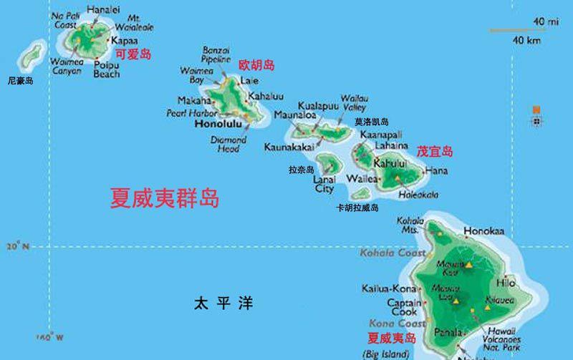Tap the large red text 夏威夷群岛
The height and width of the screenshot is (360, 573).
click(164, 198)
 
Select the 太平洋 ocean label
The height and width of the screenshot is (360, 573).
click(223, 303)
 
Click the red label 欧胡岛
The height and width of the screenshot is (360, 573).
click(256, 65)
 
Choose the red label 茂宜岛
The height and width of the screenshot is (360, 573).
click(435, 151)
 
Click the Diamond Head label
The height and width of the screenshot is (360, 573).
click(228, 145)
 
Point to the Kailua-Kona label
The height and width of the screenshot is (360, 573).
click(390, 288)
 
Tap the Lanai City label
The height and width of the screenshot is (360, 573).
click(324, 185)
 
